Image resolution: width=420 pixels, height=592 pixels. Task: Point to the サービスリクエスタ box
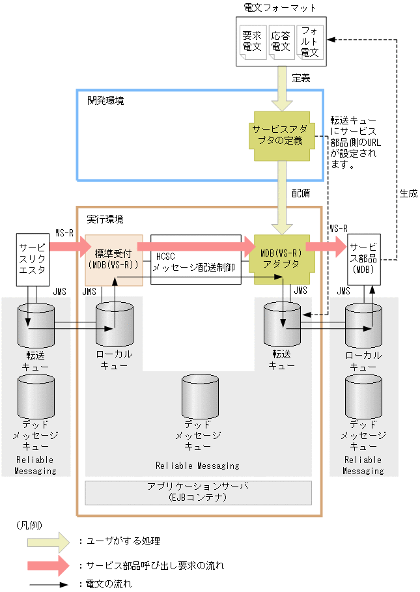(33, 259)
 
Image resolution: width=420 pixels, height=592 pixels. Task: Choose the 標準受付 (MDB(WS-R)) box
(114, 259)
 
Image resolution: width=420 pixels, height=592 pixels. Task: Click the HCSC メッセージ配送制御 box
(195, 259)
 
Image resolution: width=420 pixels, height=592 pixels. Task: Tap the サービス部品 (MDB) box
(363, 259)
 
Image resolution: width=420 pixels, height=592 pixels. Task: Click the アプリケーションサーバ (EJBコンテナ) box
(199, 492)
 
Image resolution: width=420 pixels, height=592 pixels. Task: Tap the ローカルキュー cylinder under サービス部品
(363, 326)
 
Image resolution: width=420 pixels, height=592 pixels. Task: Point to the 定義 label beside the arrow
(301, 78)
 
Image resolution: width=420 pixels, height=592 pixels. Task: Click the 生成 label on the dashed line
(408, 193)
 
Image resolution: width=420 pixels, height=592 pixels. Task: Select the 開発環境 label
(105, 101)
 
